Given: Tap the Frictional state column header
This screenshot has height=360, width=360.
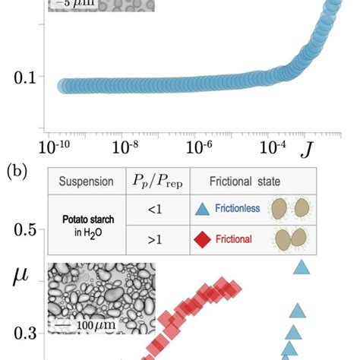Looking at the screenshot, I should [235, 182].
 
